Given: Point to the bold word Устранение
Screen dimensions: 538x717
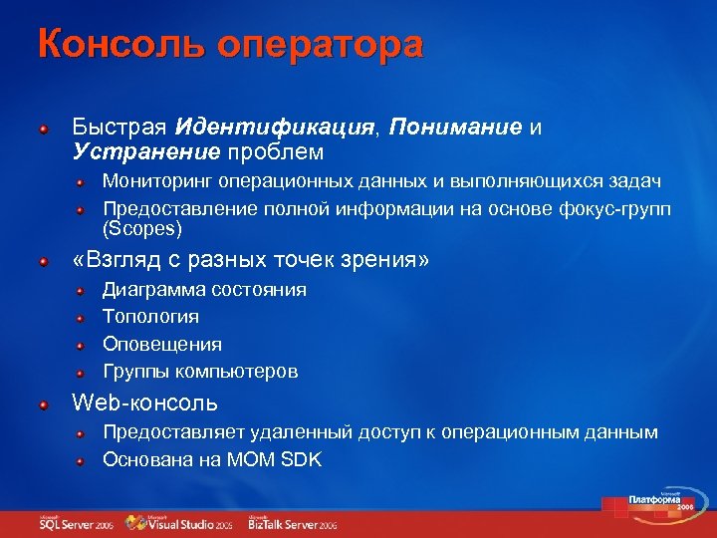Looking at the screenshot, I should tap(145, 151).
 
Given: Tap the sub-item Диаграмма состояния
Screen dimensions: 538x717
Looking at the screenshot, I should tap(204, 290).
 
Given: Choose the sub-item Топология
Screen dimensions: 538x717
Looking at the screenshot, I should tap(150, 317).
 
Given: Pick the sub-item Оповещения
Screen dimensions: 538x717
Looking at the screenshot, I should tap(162, 344).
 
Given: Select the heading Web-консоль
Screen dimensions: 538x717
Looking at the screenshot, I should tap(144, 404).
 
